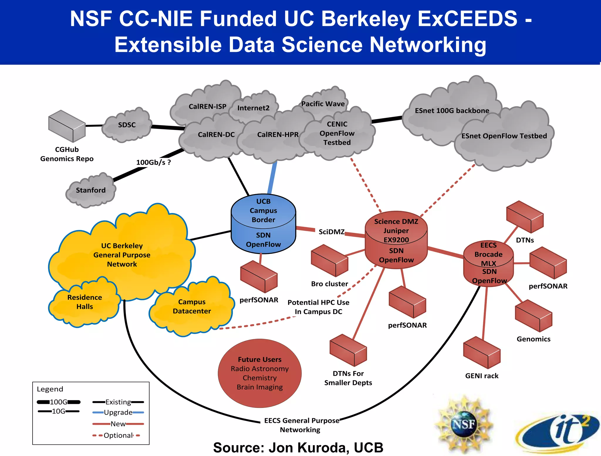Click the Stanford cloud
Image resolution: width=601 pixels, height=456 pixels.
[91, 190]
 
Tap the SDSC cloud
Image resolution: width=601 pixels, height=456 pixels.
[127, 125]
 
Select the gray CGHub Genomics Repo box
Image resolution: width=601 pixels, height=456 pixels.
[67, 126]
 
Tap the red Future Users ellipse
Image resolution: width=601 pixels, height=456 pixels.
[259, 373]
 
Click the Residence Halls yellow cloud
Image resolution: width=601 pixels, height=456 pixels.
[85, 302]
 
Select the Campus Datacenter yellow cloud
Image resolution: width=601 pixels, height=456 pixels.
[192, 307]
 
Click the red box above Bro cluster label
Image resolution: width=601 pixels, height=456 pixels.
[329, 260]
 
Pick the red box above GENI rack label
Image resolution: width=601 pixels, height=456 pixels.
[482, 352]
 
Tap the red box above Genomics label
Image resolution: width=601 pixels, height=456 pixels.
[533, 316]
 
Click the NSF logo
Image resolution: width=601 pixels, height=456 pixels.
[463, 424]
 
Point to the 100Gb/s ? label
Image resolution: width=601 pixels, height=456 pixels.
[153, 162]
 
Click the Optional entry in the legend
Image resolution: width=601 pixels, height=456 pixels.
[118, 435]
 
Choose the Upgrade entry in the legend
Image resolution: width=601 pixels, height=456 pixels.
[118, 413]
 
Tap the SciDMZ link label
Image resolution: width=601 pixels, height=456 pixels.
[332, 232]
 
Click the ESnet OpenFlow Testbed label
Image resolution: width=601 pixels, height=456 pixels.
[504, 136]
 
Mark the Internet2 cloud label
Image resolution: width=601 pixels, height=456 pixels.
[253, 108]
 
